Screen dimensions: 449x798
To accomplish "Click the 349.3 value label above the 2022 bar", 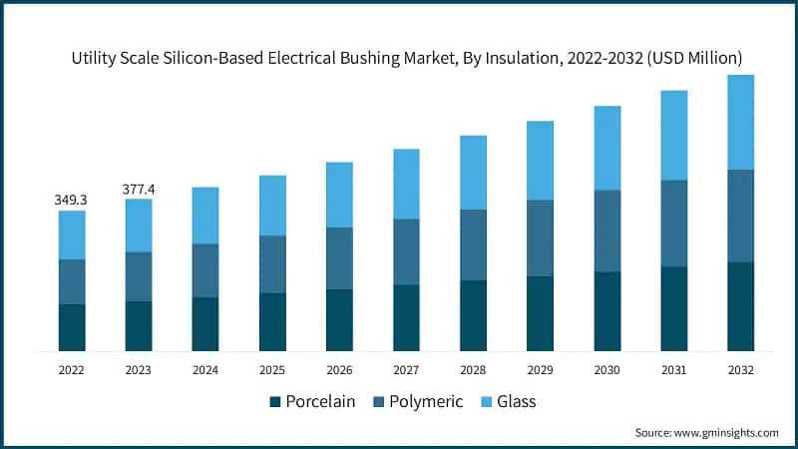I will pyautogui.click(x=71, y=200).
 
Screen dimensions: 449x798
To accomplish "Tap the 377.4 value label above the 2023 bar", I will pyautogui.click(x=139, y=189).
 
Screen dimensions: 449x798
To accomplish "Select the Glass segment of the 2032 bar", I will pyautogui.click(x=740, y=122).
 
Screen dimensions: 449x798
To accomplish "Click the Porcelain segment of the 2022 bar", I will pyautogui.click(x=71, y=327).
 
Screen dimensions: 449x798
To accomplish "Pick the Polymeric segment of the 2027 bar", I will pyautogui.click(x=406, y=251).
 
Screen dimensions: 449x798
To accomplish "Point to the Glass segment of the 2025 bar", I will pyautogui.click(x=272, y=206).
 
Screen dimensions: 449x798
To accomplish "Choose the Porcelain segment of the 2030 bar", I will pyautogui.click(x=606, y=311).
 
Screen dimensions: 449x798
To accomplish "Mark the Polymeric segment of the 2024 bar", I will pyautogui.click(x=205, y=270).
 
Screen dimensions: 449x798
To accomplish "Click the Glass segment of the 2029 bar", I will pyautogui.click(x=540, y=161).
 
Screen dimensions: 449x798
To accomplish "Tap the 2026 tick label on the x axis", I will pyautogui.click(x=339, y=369).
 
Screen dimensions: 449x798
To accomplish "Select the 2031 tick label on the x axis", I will pyautogui.click(x=673, y=369).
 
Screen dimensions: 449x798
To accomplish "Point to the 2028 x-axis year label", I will pyautogui.click(x=473, y=369).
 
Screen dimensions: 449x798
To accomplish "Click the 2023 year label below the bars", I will pyautogui.click(x=139, y=369).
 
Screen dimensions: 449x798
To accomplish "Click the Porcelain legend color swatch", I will pyautogui.click(x=274, y=402).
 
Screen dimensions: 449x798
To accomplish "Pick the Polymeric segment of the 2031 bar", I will pyautogui.click(x=673, y=224).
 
